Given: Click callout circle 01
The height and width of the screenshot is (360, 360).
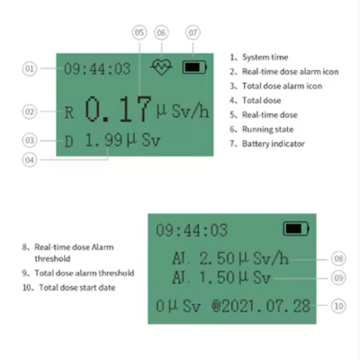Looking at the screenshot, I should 29,68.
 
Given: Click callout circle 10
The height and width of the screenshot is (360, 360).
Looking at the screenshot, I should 337,306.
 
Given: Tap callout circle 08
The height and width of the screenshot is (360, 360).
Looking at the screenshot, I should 337,258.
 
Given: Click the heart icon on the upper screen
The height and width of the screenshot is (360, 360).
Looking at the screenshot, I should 162,67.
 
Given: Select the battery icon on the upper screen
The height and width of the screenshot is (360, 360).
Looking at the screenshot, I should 193,67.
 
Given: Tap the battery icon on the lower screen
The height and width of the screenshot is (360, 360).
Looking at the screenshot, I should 294,229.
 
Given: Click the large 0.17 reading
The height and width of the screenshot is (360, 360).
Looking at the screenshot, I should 119,110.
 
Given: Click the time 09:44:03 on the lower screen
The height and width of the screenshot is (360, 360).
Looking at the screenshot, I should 192,230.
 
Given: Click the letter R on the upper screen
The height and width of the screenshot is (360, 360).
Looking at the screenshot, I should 69,113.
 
